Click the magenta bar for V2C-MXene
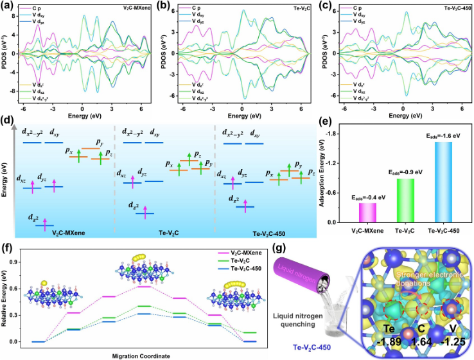tap(367, 213)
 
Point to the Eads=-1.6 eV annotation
tap(443, 136)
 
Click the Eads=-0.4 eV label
tap(367, 197)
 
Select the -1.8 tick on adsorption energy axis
tap(337, 133)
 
